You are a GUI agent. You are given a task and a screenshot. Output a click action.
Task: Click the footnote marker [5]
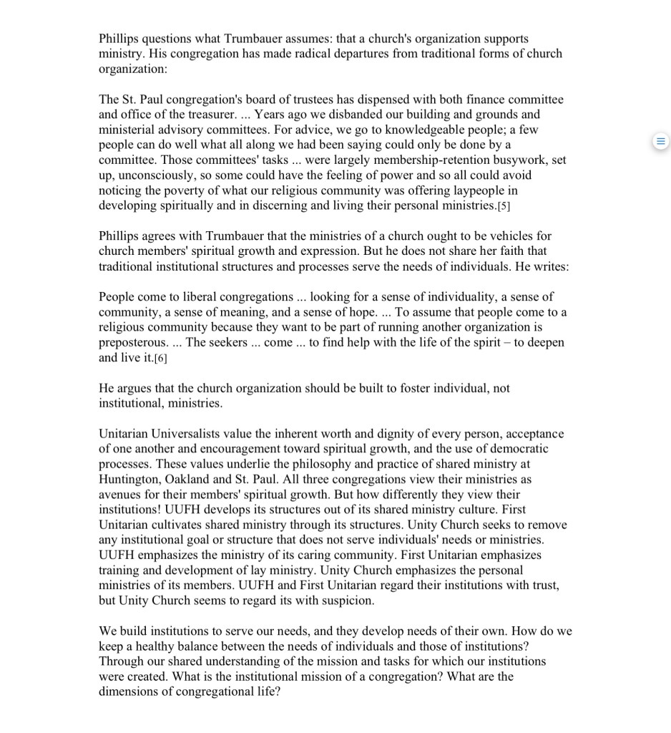point(504,206)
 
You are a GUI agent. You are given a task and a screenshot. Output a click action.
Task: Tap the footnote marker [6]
point(161,358)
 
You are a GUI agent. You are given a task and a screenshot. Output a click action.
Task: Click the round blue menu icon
point(661,141)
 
